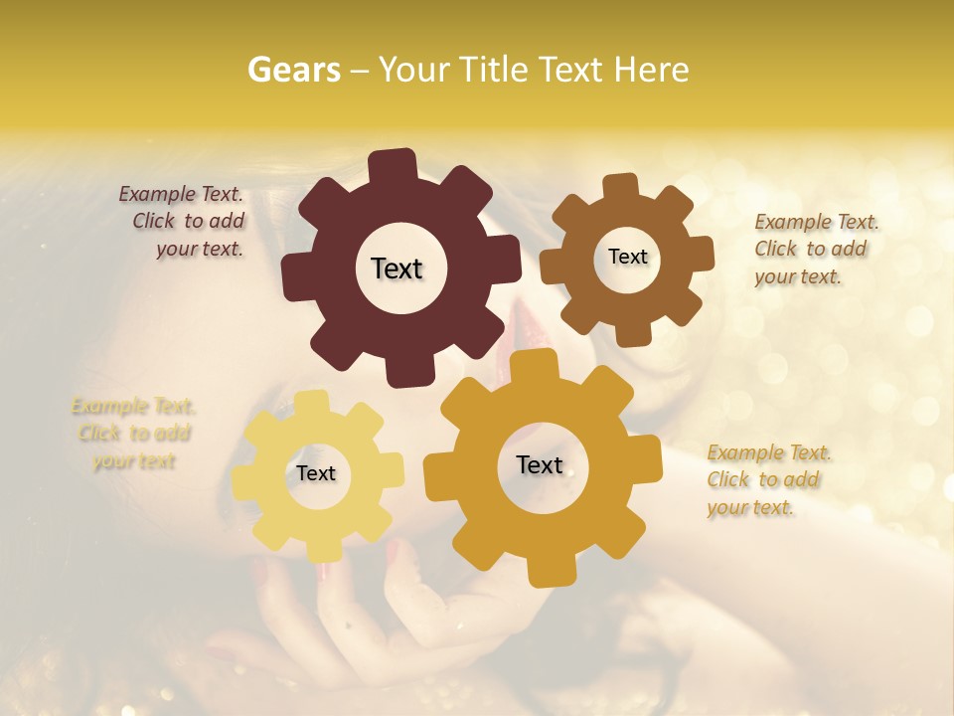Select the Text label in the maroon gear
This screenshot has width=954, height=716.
tap(397, 268)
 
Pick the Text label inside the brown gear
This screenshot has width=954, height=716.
tap(627, 257)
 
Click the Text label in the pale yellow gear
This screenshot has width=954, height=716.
tap(316, 473)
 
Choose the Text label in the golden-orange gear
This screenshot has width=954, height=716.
tap(540, 464)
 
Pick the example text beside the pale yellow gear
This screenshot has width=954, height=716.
tap(132, 434)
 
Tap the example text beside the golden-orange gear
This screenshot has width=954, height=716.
tap(768, 480)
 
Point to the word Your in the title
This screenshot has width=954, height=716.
tap(415, 70)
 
